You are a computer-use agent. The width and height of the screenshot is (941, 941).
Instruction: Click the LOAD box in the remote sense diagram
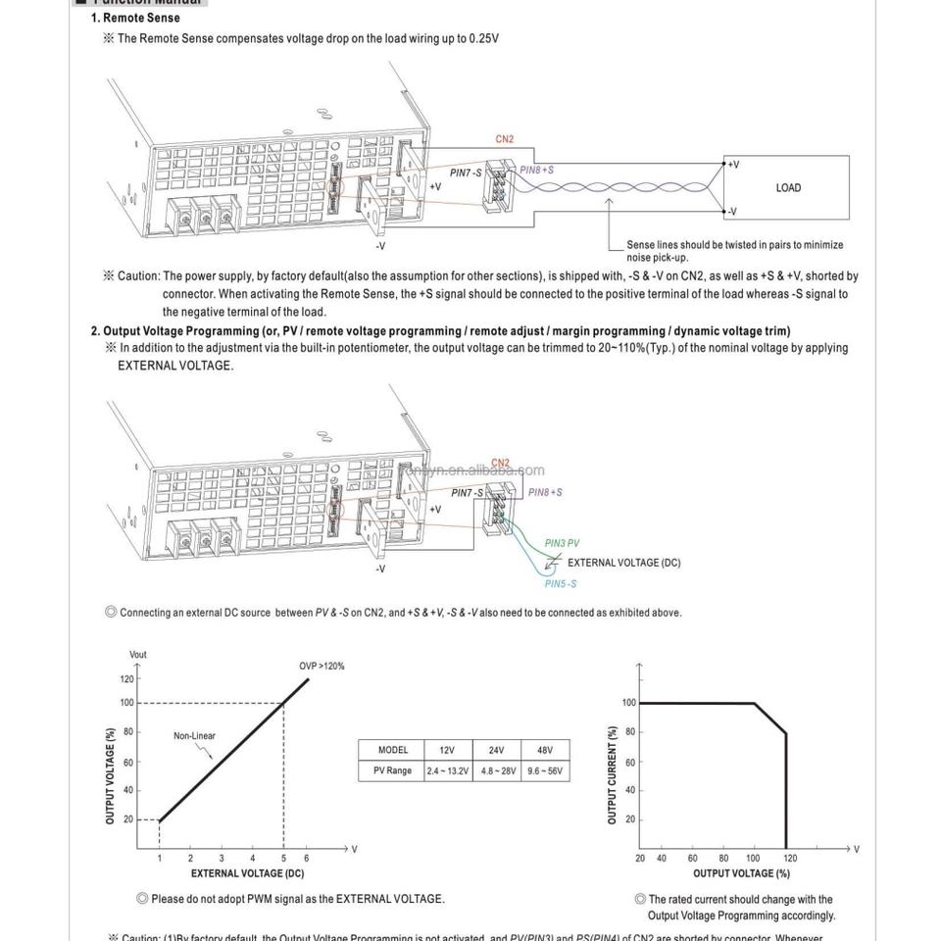[787, 187]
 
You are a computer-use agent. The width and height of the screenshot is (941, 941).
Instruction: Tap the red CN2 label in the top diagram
[504, 139]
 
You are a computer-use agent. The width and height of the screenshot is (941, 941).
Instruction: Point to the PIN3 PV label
[562, 543]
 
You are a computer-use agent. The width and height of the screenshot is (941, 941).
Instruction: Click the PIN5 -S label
[561, 584]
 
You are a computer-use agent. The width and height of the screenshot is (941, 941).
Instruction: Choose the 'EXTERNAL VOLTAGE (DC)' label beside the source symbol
[623, 563]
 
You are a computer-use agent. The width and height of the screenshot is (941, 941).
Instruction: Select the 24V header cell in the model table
[497, 750]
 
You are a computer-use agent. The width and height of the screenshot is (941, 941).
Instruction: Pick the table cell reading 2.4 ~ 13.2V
[447, 770]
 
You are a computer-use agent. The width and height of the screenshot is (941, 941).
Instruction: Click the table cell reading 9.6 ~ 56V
[545, 770]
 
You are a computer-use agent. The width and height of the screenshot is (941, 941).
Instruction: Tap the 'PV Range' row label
[392, 770]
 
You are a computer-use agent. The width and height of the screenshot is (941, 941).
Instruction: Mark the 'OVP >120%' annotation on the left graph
[322, 667]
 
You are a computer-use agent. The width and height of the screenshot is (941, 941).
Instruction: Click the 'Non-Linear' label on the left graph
[194, 736]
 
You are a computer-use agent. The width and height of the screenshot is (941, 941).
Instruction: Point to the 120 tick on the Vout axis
[126, 678]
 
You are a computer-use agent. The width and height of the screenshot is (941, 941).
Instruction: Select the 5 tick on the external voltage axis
[283, 859]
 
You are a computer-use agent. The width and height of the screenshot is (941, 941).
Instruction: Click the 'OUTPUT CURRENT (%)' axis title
[613, 775]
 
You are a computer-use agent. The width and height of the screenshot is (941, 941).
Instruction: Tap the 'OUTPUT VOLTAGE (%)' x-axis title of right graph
[741, 873]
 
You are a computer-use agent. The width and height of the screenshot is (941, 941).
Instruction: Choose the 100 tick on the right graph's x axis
[753, 859]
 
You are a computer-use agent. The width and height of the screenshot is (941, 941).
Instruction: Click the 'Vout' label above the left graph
[138, 655]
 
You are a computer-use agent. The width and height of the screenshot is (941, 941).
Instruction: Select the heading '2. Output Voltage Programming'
[440, 331]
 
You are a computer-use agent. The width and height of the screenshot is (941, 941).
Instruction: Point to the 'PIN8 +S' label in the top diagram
[537, 170]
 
